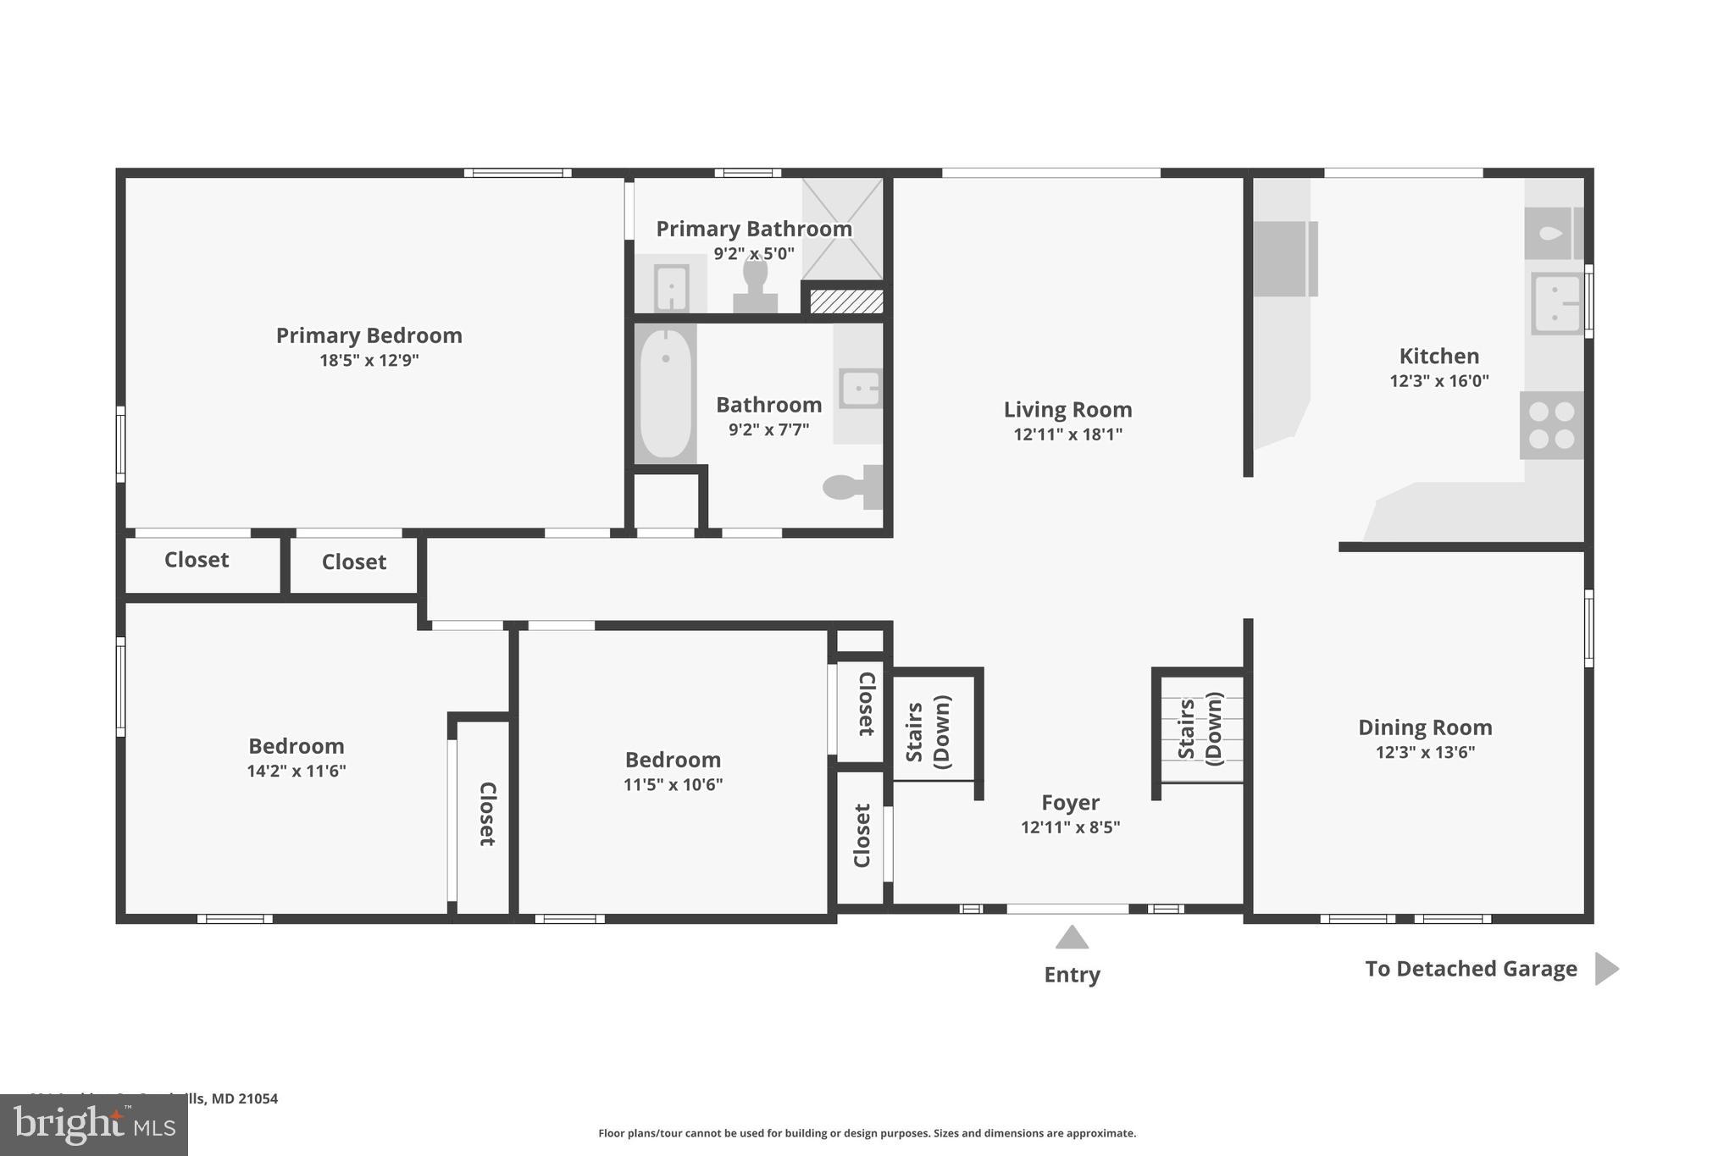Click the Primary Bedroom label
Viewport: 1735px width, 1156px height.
(x=369, y=335)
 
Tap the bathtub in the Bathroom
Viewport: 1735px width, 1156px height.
(x=665, y=395)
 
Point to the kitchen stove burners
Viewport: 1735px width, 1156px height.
(x=1551, y=425)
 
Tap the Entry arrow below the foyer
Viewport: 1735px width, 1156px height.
(x=1072, y=938)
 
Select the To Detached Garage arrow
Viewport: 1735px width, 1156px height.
(x=1605, y=968)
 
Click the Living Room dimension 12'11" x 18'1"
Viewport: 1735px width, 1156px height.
(x=1067, y=434)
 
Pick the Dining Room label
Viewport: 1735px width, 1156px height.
(x=1425, y=727)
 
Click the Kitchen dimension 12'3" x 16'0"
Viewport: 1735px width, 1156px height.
(x=1438, y=381)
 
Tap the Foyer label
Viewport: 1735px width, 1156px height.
(x=1070, y=802)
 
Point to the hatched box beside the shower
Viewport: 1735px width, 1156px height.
(x=846, y=301)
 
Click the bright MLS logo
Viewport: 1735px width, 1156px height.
(x=94, y=1125)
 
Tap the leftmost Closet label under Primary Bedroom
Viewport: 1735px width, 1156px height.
(x=197, y=560)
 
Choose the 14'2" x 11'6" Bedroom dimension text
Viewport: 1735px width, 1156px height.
(x=297, y=771)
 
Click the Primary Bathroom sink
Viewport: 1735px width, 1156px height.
(x=671, y=288)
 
